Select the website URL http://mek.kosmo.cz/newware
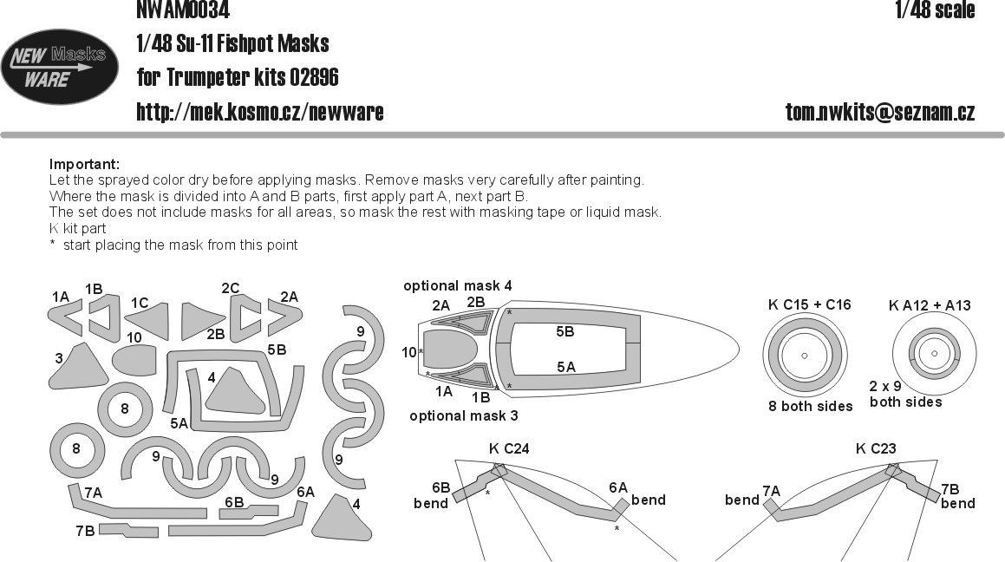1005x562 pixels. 260,112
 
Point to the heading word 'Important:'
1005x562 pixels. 84,165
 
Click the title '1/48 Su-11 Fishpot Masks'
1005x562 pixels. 232,43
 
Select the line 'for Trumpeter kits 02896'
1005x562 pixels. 238,78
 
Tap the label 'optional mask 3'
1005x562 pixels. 464,415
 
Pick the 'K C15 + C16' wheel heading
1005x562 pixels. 809,304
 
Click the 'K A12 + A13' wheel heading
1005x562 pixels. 930,304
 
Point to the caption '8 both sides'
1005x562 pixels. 809,406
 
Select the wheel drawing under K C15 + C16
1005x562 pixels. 804,356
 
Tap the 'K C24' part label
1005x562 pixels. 509,448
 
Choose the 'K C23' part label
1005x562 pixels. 875,448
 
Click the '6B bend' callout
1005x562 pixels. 431,496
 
